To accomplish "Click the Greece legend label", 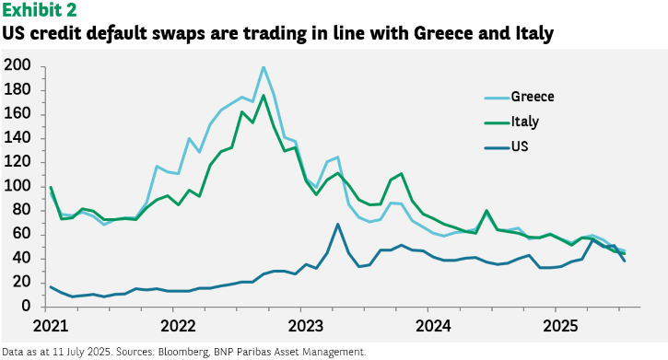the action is pos(533,97).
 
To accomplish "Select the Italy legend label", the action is pos(525,122).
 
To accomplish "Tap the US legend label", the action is pos(520,146).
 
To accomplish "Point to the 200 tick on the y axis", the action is pos(17,65).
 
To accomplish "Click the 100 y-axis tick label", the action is pos(17,186).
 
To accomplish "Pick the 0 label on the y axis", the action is pos(26,306).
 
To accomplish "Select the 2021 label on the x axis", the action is pos(51,326).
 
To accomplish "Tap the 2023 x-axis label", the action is pos(306,326).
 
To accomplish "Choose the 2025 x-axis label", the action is pos(560,326).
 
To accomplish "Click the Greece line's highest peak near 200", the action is pos(264,67).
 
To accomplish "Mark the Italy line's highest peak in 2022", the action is pos(264,96).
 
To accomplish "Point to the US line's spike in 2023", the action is pos(338,225).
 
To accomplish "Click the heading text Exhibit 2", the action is pos(40,10).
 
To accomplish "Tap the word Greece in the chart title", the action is pos(442,33).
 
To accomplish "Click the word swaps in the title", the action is pos(178,34).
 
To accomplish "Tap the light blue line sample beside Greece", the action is pos(497,98).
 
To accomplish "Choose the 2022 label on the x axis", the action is pos(178,326).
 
